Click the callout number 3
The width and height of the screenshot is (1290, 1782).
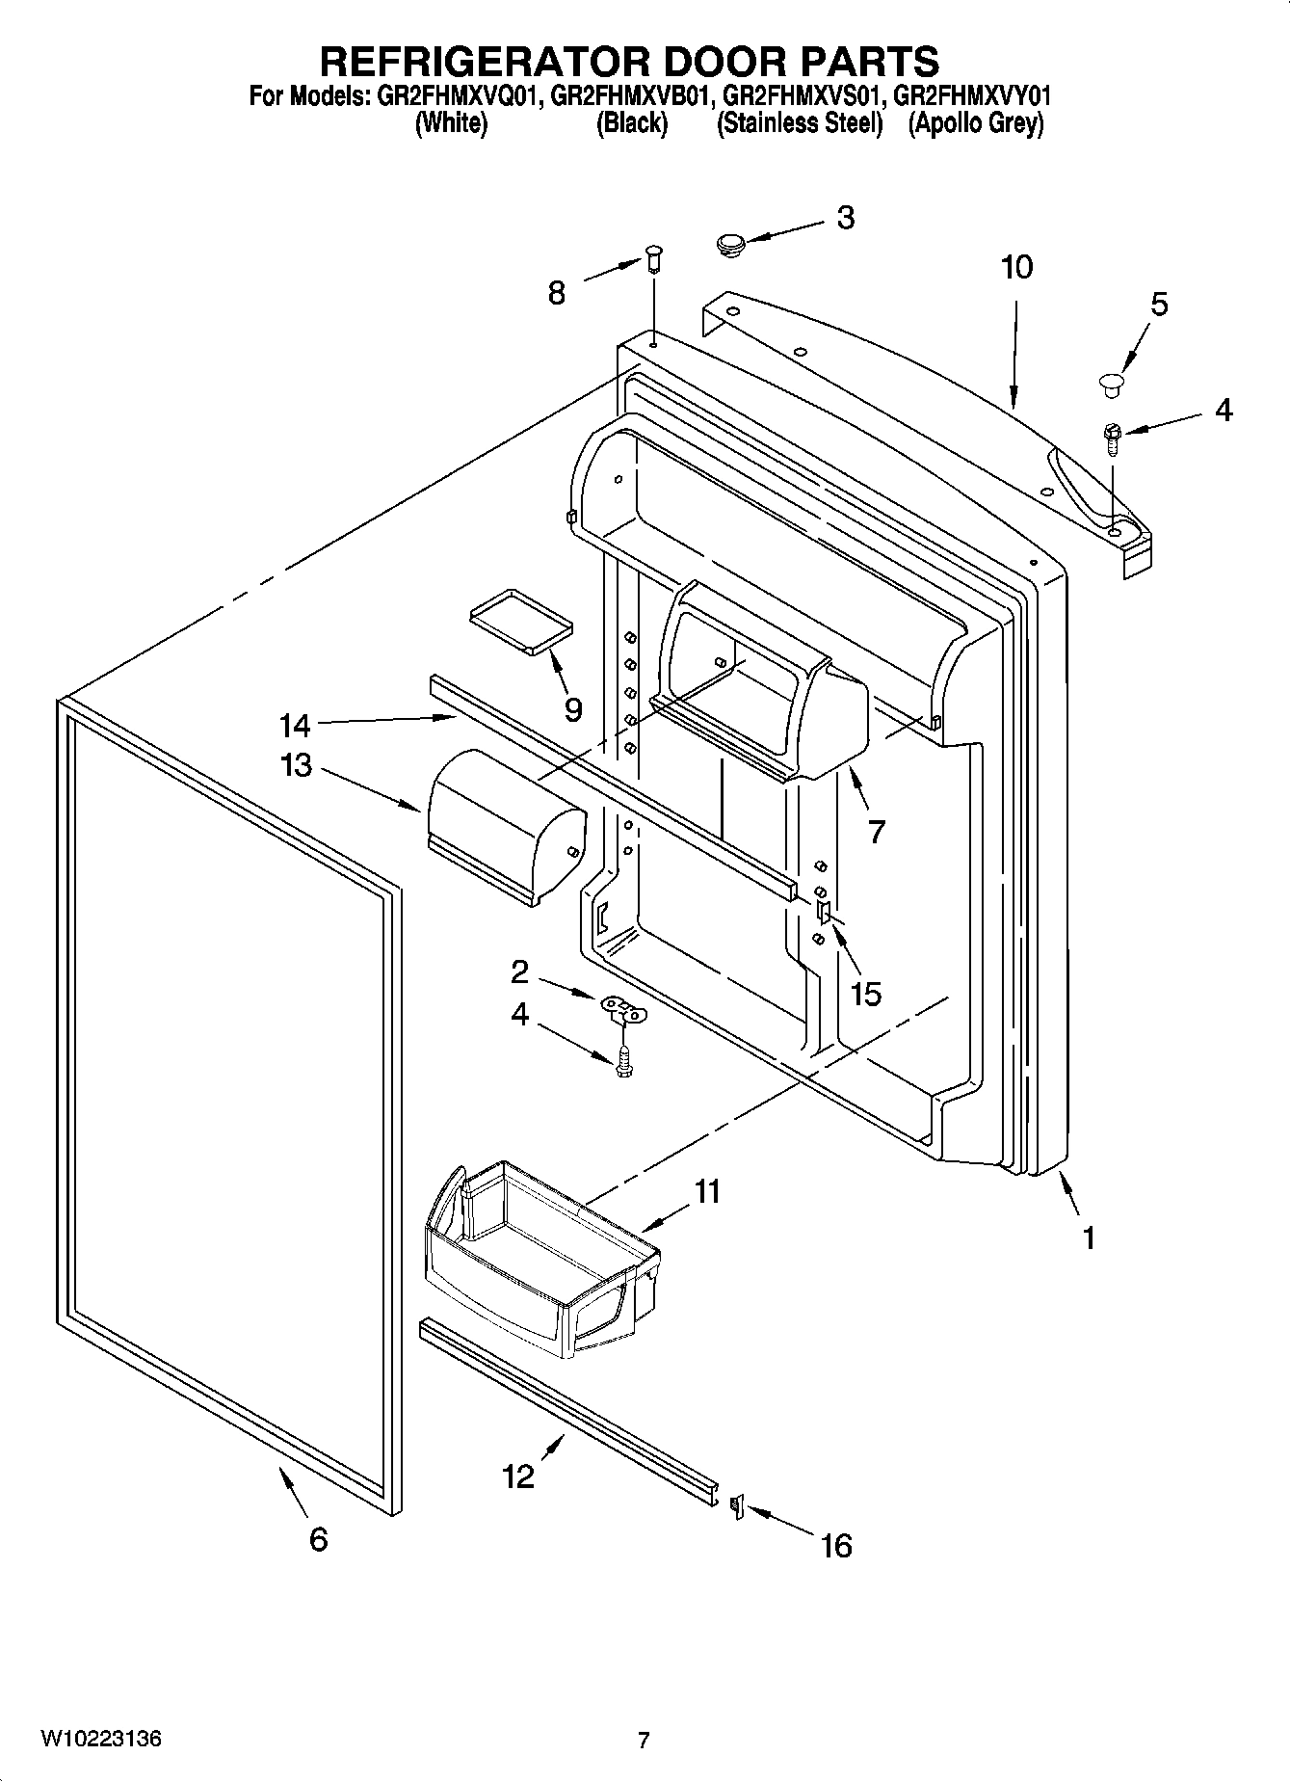point(845,219)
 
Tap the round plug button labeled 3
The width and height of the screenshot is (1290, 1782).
point(732,245)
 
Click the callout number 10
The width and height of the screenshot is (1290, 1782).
point(1016,267)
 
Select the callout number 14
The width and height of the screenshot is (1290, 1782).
point(295,724)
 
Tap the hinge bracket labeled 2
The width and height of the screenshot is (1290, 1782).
point(624,1009)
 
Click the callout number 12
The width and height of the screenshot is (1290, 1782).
point(518,1476)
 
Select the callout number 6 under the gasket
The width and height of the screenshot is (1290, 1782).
point(319,1539)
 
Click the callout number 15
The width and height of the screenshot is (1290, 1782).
point(865,994)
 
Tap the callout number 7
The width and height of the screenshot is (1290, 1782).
point(875,831)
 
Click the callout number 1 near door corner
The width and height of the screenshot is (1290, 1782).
point(1088,1237)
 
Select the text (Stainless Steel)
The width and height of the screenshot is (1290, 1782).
point(800,123)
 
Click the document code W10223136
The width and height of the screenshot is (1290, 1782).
point(100,1740)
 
